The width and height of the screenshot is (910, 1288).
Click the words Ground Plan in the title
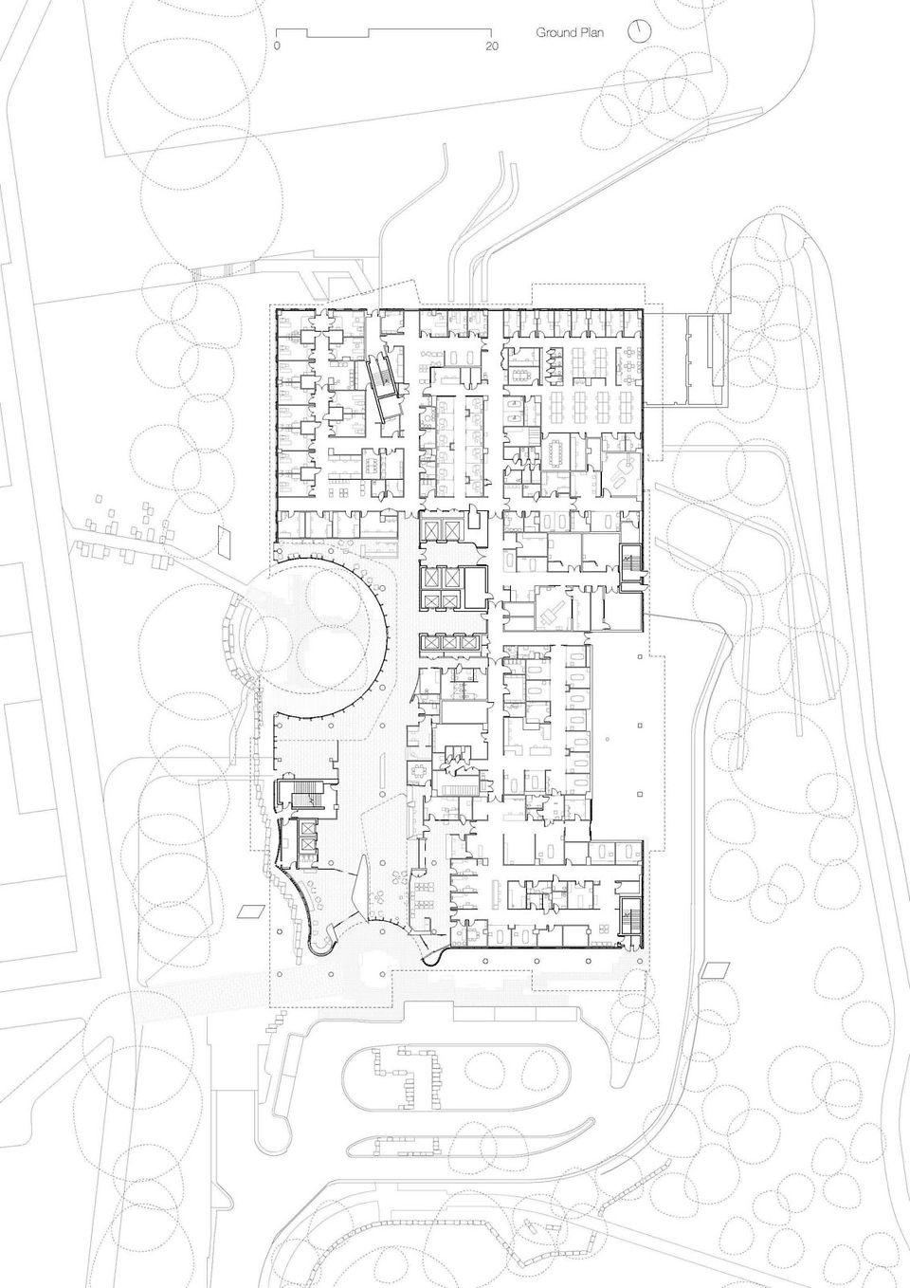tap(570, 33)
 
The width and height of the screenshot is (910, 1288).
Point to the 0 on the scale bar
tap(277, 46)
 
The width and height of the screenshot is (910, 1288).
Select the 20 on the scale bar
tap(492, 46)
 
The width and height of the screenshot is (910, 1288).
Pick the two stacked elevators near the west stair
tap(307, 837)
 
